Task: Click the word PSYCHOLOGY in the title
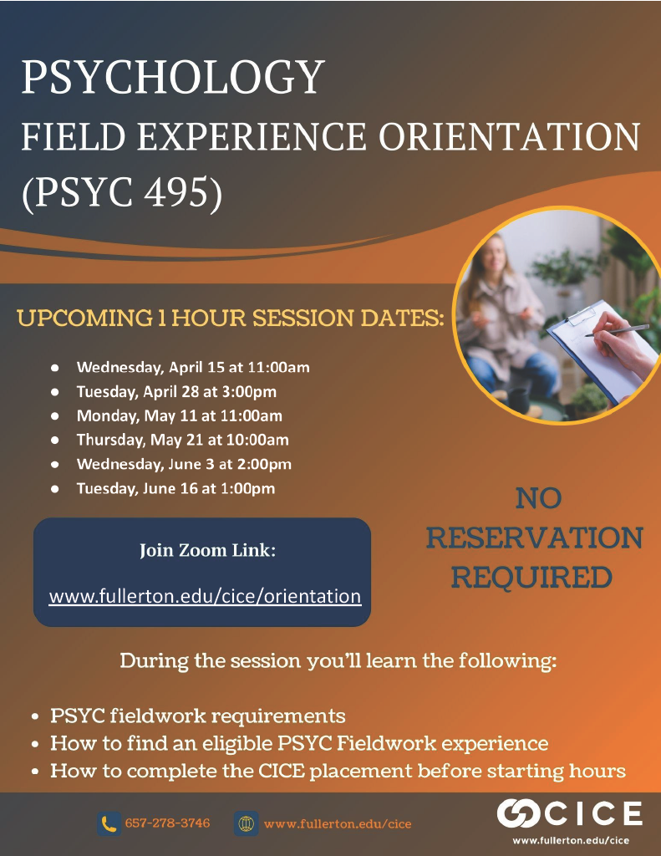(x=172, y=78)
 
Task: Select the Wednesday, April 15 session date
(x=194, y=367)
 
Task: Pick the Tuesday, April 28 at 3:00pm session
(x=176, y=391)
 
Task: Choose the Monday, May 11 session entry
(x=180, y=415)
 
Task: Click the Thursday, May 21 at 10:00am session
(x=183, y=440)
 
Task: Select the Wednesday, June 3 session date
(x=184, y=464)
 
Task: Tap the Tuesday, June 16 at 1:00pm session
(x=175, y=488)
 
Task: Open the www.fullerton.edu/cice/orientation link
(x=205, y=597)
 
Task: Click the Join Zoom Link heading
(x=207, y=551)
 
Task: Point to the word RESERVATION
(x=534, y=538)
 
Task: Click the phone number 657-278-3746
(x=167, y=823)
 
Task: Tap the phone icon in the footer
(x=109, y=824)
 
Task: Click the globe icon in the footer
(x=246, y=824)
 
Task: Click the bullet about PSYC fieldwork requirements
(x=198, y=716)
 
